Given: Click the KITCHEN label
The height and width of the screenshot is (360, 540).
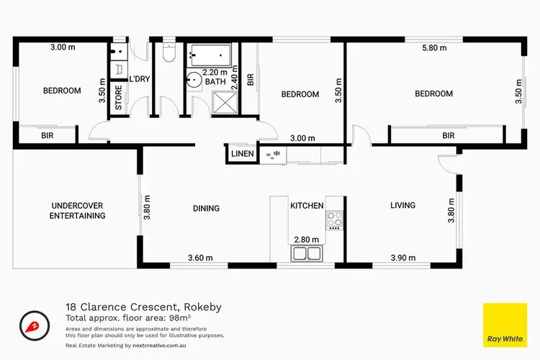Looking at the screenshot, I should coord(307,206).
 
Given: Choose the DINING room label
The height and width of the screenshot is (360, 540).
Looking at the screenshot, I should coord(206,208).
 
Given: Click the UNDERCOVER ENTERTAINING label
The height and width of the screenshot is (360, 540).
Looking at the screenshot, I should coord(78,210).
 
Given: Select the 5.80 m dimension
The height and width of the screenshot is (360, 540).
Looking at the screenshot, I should coord(434,48).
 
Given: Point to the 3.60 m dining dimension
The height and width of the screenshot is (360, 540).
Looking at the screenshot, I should coord(201,258).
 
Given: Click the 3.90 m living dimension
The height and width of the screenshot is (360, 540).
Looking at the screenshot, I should coord(403,258).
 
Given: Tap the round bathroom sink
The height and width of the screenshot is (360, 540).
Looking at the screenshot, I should coord(194,79).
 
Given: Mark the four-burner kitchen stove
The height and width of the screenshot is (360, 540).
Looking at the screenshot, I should coord(336,219).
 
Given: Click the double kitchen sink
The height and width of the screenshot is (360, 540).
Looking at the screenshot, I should coord(307,253).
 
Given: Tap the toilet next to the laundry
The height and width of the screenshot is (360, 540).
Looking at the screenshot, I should coord(168,53).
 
